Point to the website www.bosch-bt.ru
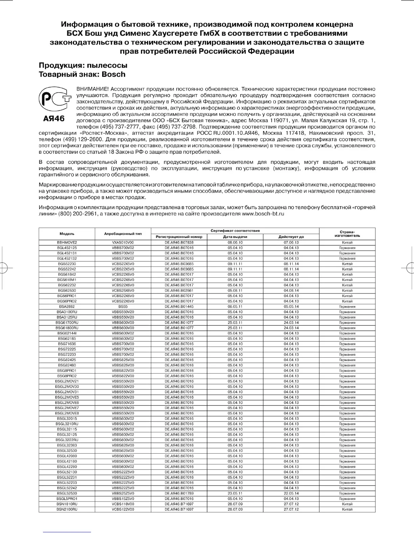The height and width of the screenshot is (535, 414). point(263,214)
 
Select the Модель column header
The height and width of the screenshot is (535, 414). point(67,234)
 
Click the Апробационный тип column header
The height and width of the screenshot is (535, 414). point(123,234)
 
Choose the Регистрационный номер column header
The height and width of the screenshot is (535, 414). point(179,237)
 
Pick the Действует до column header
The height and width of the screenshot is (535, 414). point(291,237)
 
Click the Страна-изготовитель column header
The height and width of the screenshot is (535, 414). point(347,233)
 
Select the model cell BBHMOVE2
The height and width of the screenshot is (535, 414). point(67,243)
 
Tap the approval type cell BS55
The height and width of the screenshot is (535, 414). point(123,307)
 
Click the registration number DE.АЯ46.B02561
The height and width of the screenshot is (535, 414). point(179,290)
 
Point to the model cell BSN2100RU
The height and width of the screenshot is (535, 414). point(67,509)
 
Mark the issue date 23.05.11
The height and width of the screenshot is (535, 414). point(235,493)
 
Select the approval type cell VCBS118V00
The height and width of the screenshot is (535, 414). point(123,504)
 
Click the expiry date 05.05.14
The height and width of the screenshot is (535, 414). point(291,307)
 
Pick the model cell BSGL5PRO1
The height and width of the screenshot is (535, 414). point(67,499)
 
